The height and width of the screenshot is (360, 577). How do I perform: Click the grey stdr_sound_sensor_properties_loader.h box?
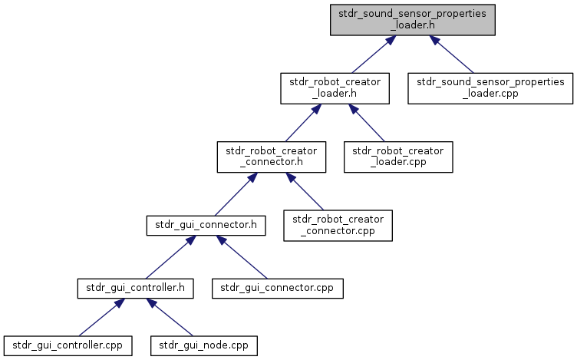413,20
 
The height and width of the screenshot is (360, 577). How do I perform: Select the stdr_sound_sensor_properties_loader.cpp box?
490,88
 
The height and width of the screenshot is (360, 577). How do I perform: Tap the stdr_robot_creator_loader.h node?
335,88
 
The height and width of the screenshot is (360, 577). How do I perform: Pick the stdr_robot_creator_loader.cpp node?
398,157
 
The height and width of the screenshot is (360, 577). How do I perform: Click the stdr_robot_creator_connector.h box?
272,157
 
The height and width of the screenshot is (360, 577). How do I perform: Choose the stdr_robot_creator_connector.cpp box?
338,226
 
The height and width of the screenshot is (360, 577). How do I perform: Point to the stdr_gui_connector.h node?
206,226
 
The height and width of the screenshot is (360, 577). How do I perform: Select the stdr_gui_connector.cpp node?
278,288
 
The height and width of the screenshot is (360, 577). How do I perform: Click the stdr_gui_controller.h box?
135,288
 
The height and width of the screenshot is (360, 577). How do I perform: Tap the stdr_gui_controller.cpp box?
68,345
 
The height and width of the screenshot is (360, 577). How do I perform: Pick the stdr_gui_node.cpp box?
204,345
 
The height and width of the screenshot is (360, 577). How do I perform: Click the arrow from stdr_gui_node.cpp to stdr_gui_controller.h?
170,317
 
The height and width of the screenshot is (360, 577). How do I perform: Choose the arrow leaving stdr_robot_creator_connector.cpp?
305,191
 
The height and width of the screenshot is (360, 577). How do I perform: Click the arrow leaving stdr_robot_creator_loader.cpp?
367,123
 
